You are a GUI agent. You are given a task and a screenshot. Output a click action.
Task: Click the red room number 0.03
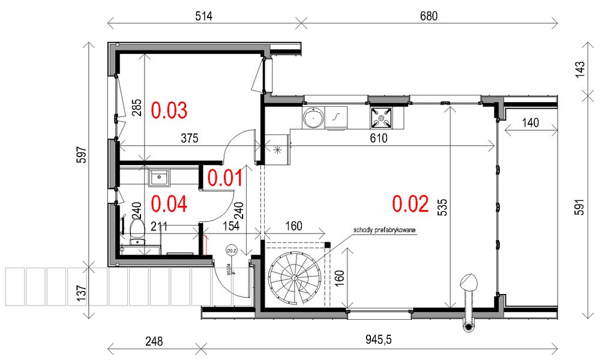click(x=169, y=110)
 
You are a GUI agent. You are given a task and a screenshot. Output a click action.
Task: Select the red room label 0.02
click(x=411, y=205)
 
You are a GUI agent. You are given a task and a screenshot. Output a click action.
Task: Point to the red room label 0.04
click(x=169, y=205)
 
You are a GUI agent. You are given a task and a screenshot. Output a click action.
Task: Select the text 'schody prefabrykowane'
click(x=385, y=230)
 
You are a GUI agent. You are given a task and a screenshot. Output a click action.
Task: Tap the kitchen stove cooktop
click(x=381, y=118)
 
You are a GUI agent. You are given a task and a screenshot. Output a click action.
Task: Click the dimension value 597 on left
click(x=82, y=155)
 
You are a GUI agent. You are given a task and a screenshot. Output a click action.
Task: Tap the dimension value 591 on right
click(x=579, y=206)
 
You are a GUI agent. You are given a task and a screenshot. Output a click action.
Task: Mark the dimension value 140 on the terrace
click(x=530, y=123)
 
